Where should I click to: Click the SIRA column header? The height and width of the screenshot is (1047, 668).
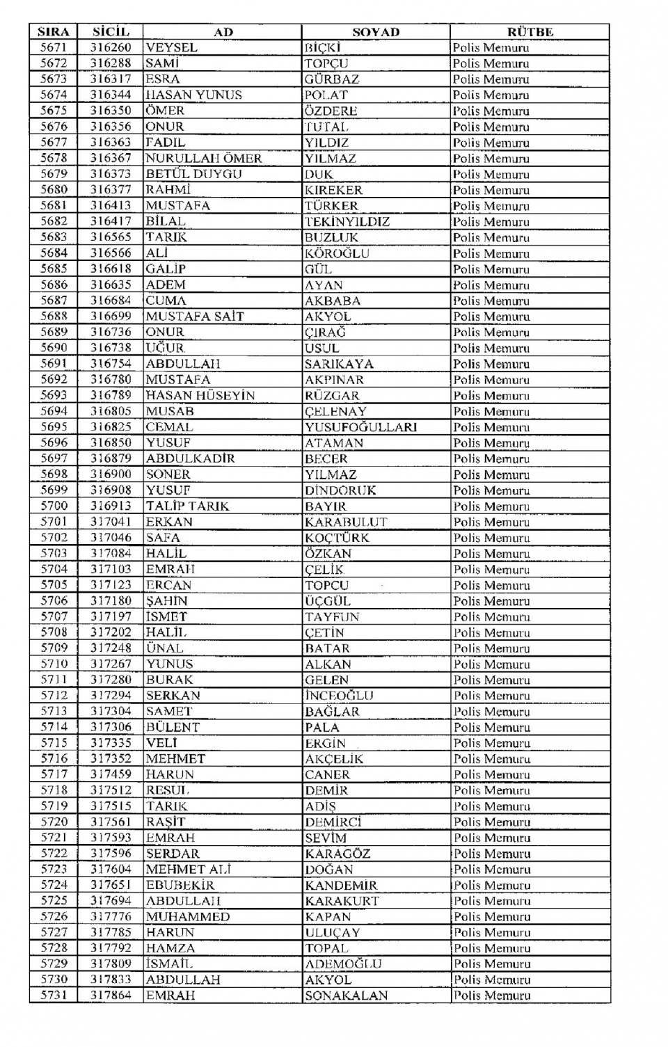click(53, 32)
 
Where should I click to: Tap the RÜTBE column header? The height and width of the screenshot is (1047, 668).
click(530, 32)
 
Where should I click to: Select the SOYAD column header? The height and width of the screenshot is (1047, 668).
click(376, 32)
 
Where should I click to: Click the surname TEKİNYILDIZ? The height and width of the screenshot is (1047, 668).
click(347, 222)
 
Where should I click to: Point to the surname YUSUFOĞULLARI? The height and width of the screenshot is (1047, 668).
click(360, 427)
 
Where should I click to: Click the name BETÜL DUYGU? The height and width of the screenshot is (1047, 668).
click(193, 174)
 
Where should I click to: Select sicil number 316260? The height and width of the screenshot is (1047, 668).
click(110, 48)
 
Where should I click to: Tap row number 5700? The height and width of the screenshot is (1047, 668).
click(54, 506)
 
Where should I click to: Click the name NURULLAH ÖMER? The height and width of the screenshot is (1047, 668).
click(203, 159)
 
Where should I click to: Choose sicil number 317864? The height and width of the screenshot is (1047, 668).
click(110, 996)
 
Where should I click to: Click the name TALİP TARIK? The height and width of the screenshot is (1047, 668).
click(187, 506)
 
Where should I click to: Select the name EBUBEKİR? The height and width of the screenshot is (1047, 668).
click(180, 885)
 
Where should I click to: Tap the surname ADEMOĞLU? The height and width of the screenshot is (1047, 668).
click(343, 964)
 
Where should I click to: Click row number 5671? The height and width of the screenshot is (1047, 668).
click(54, 48)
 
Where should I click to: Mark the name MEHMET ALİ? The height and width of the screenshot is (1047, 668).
click(188, 869)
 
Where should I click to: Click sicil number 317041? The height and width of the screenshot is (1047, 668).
click(110, 522)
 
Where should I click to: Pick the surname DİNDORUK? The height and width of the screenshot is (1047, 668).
click(340, 490)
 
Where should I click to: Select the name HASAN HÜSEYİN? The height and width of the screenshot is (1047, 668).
click(200, 395)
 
